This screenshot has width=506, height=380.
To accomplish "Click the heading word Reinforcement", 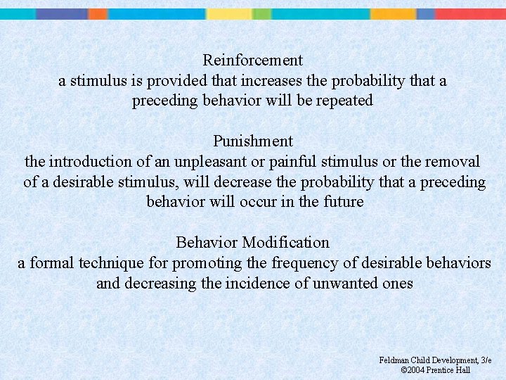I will click(252, 61).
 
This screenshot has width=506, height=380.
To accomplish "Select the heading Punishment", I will click(253, 141).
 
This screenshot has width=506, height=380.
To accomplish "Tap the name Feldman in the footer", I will click(394, 360).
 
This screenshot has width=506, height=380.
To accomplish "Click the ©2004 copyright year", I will click(415, 370).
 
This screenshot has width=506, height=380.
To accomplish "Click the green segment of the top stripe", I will click(261, 13).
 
